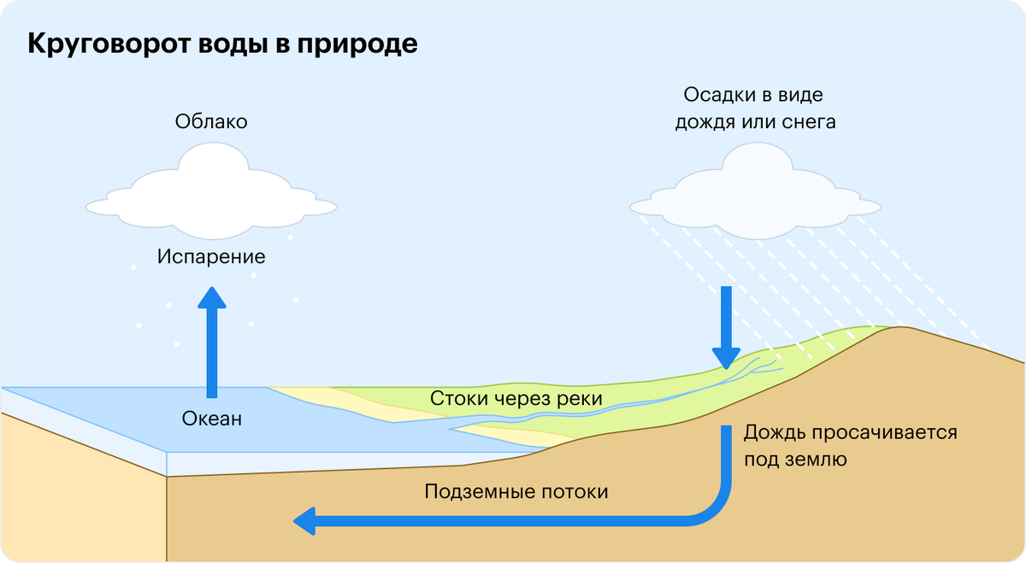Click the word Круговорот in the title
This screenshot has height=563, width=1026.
click(109, 44)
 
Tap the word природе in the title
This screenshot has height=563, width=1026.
click(357, 44)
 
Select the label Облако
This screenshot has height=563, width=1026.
click(211, 122)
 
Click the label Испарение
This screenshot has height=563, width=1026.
click(211, 257)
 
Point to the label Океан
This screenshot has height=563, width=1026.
click(212, 419)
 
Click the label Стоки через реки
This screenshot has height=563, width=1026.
click(516, 399)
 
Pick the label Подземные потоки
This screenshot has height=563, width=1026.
click(516, 492)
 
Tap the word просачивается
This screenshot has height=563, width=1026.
click(885, 433)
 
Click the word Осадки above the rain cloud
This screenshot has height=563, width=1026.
click(716, 95)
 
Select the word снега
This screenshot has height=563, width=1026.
click(809, 122)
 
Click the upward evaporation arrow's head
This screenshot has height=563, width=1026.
click(212, 298)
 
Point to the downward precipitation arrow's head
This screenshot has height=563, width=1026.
click(726, 359)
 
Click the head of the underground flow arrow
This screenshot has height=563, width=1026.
click(304, 521)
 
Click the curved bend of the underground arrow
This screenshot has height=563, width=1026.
click(715, 509)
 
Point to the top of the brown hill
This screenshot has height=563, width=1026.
click(901, 328)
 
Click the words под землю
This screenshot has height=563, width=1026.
click(796, 460)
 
